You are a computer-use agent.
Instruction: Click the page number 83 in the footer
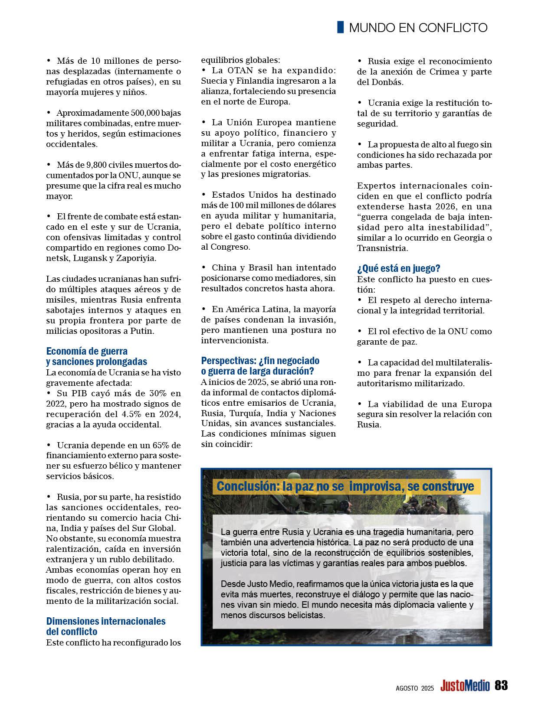(501, 685)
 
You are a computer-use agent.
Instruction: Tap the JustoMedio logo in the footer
(465, 686)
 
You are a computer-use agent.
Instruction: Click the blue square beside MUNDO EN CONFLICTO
(341, 27)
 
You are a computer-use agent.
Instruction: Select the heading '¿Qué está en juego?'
(399, 269)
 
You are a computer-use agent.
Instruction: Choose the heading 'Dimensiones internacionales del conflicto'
(106, 626)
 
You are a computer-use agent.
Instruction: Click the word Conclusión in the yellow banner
(247, 486)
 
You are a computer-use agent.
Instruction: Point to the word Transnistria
(382, 248)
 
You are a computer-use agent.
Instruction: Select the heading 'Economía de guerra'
(87, 351)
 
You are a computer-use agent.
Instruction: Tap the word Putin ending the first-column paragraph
(141, 331)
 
